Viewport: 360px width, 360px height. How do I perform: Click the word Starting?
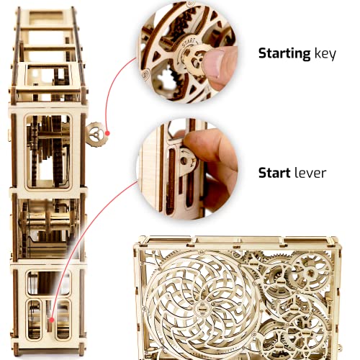284,54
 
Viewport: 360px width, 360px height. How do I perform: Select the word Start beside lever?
274,173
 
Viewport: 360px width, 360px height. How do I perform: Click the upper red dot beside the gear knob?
107,133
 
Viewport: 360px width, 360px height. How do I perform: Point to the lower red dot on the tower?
51,320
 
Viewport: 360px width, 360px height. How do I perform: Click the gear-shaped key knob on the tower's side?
95,134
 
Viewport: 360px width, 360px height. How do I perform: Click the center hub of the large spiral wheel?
201,308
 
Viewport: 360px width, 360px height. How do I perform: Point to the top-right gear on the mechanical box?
311,272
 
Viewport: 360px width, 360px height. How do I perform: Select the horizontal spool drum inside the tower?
49,222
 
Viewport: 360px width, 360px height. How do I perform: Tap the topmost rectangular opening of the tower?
45,17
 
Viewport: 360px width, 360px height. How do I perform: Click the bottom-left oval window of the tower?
35,320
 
